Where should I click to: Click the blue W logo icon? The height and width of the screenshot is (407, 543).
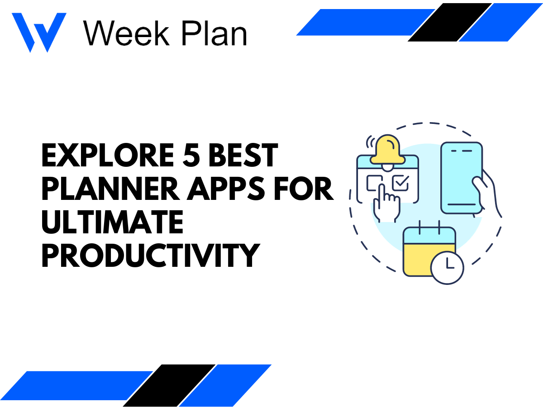[x=38, y=32]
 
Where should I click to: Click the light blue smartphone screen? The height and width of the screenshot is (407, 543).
[x=462, y=176]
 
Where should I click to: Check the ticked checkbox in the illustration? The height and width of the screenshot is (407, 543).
[x=400, y=183]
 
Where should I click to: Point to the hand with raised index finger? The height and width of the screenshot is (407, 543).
[x=386, y=203]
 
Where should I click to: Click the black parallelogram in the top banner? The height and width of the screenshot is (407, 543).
[x=450, y=22]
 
